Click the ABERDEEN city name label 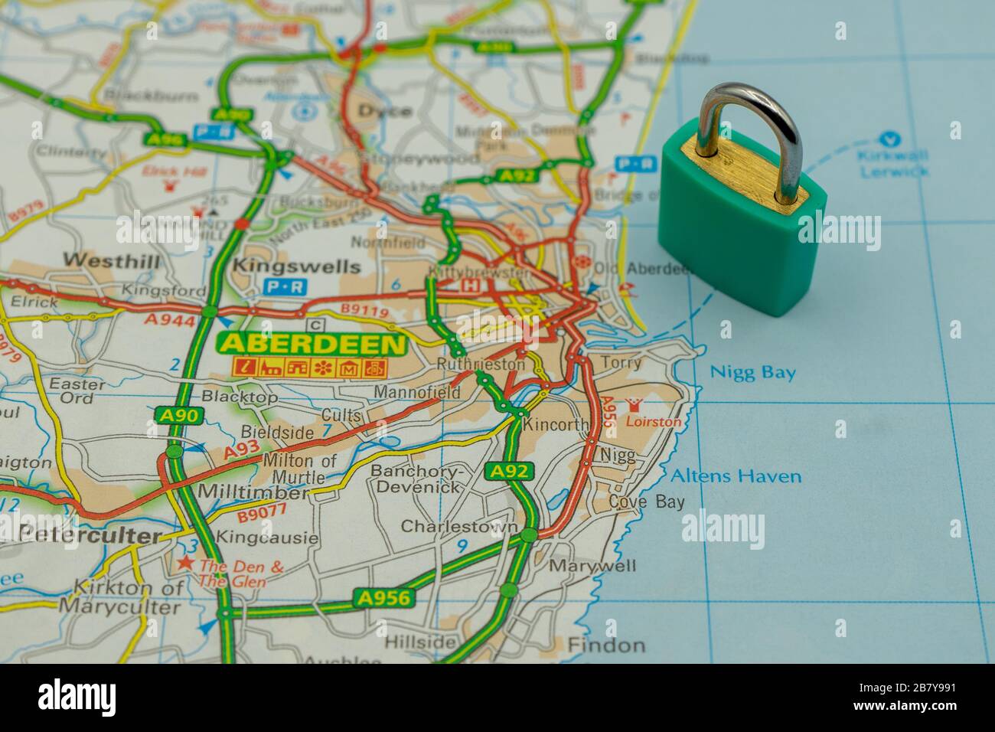click(x=312, y=344)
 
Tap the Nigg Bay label click(x=753, y=373)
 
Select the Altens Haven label click(x=736, y=476)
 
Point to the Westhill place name click(x=112, y=261)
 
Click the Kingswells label click(x=295, y=266)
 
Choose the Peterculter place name click(x=88, y=537)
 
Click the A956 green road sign click(x=383, y=598)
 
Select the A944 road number click(x=170, y=320)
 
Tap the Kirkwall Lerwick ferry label click(x=893, y=164)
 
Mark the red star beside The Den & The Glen click(x=184, y=564)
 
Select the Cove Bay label click(x=636, y=502)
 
